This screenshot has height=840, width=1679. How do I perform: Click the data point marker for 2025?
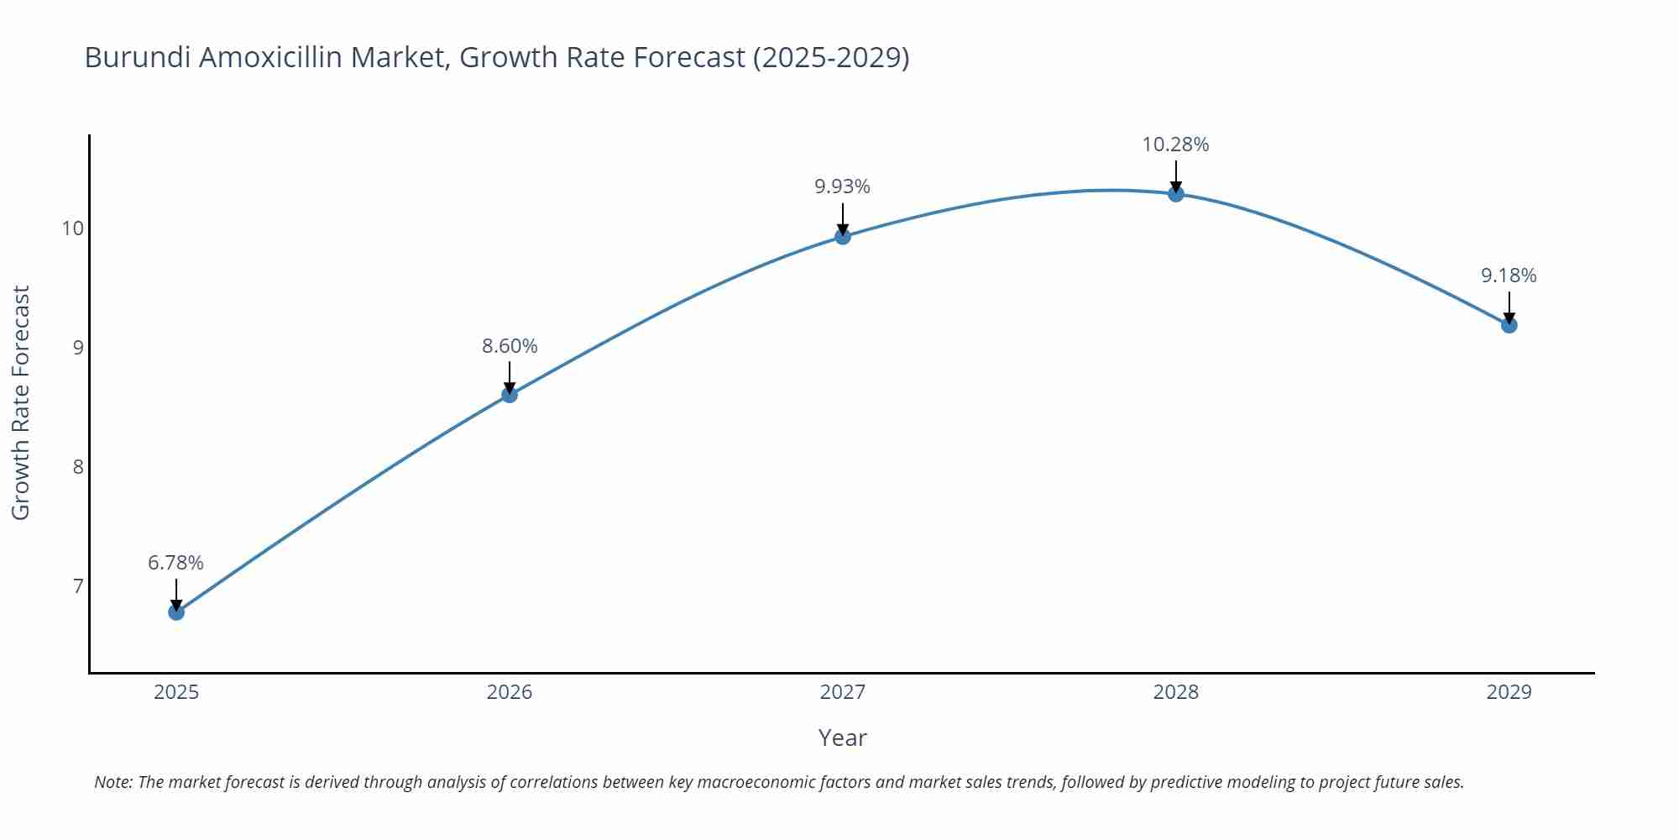(176, 612)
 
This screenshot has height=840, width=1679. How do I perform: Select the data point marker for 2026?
(510, 395)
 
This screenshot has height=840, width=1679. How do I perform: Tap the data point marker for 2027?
(843, 237)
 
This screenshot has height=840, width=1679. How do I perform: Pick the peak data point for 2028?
(1176, 194)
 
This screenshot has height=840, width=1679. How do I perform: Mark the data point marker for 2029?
(1509, 325)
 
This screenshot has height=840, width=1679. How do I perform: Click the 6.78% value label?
(176, 563)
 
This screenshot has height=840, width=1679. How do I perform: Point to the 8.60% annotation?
(510, 346)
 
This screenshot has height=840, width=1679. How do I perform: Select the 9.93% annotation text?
(843, 186)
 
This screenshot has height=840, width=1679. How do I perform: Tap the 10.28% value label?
(1175, 144)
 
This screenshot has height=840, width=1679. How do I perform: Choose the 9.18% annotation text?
(1509, 276)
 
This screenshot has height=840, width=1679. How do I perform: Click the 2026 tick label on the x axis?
(510, 692)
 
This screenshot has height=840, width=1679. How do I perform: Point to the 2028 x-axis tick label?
(1175, 692)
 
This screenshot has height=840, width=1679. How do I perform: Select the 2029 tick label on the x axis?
(1509, 692)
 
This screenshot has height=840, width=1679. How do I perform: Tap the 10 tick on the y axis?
(73, 228)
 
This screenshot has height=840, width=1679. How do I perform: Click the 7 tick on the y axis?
(78, 585)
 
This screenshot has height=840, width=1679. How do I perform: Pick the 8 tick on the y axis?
(78, 467)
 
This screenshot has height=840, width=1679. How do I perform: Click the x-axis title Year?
(842, 738)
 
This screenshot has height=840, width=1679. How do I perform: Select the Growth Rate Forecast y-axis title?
(21, 402)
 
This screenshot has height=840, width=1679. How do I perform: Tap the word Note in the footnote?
(112, 782)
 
